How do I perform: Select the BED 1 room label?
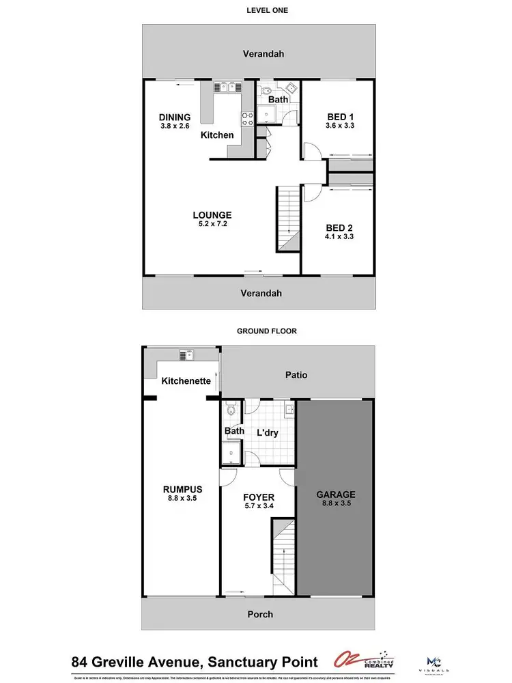tap(340, 117)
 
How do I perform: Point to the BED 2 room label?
tap(340, 227)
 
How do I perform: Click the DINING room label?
tap(175, 117)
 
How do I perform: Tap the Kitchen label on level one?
tap(217, 135)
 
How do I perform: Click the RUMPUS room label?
tap(182, 488)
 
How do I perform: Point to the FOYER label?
tap(259, 497)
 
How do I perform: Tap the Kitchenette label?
tap(186, 381)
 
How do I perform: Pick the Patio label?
tap(297, 375)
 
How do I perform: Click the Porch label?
tap(259, 614)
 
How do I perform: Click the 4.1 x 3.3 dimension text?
tap(340, 236)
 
